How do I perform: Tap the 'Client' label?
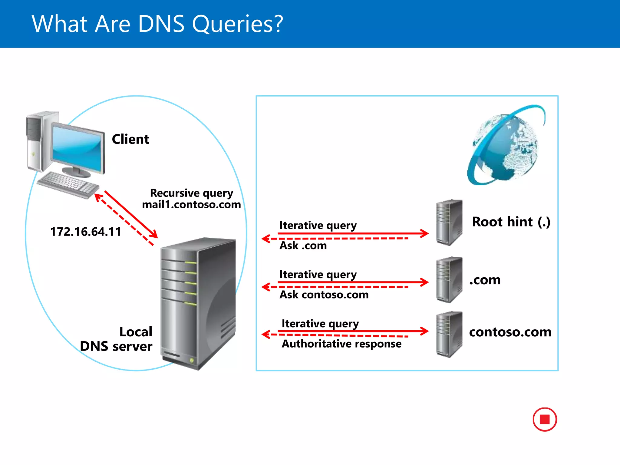click(130, 139)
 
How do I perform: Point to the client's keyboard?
click(68, 184)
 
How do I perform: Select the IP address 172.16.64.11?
click(86, 232)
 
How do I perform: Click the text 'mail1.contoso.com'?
click(191, 205)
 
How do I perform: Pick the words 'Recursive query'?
click(191, 193)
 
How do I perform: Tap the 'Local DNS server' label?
click(117, 339)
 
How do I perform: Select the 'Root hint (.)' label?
click(511, 222)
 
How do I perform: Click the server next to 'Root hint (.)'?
click(449, 223)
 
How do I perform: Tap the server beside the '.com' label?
click(449, 280)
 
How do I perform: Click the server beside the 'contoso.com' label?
click(449, 334)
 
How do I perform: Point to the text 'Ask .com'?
click(303, 246)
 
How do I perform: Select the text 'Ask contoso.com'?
click(324, 295)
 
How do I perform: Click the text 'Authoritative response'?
click(341, 344)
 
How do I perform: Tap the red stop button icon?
click(545, 419)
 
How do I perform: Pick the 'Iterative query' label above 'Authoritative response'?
click(320, 324)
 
